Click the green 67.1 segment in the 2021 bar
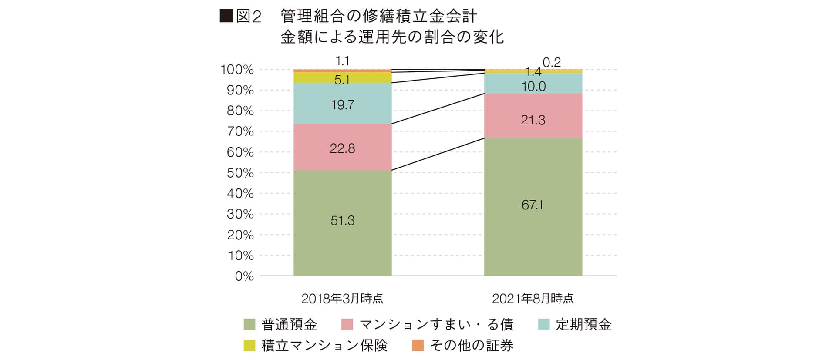(x=533, y=207)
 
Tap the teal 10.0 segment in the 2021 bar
(x=533, y=84)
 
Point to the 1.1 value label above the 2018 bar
(x=343, y=61)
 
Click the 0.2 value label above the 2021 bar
(x=552, y=63)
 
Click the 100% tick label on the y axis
(x=237, y=70)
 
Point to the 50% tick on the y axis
(x=240, y=173)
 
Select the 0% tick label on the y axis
(x=244, y=276)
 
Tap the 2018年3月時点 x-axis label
(x=342, y=298)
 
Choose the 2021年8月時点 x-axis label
(x=533, y=298)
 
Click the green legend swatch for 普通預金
(x=249, y=324)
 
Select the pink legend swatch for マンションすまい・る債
(x=347, y=324)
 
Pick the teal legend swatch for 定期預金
(x=544, y=324)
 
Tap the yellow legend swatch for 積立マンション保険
(x=249, y=345)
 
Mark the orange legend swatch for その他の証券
(x=418, y=345)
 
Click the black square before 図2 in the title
(x=226, y=16)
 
